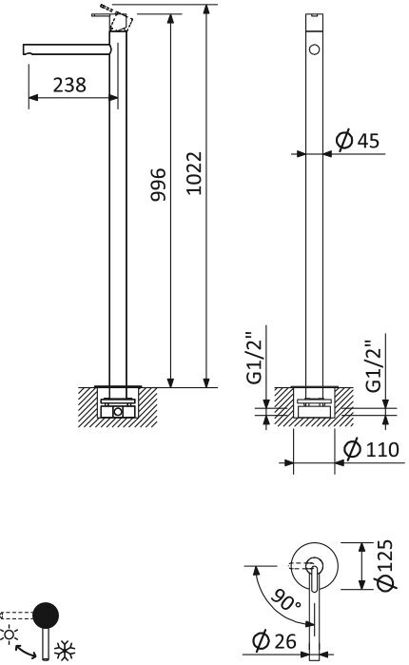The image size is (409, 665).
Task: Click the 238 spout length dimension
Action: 69,85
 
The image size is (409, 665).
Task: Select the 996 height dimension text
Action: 159,185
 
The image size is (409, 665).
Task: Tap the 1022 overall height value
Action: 194,173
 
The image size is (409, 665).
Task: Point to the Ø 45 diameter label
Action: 358,141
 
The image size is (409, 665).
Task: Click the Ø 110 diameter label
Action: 371,449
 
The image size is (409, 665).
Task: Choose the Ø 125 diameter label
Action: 385,564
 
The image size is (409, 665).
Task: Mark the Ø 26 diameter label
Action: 274,641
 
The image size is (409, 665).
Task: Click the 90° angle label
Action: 285,599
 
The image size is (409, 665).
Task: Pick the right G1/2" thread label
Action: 375,365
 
